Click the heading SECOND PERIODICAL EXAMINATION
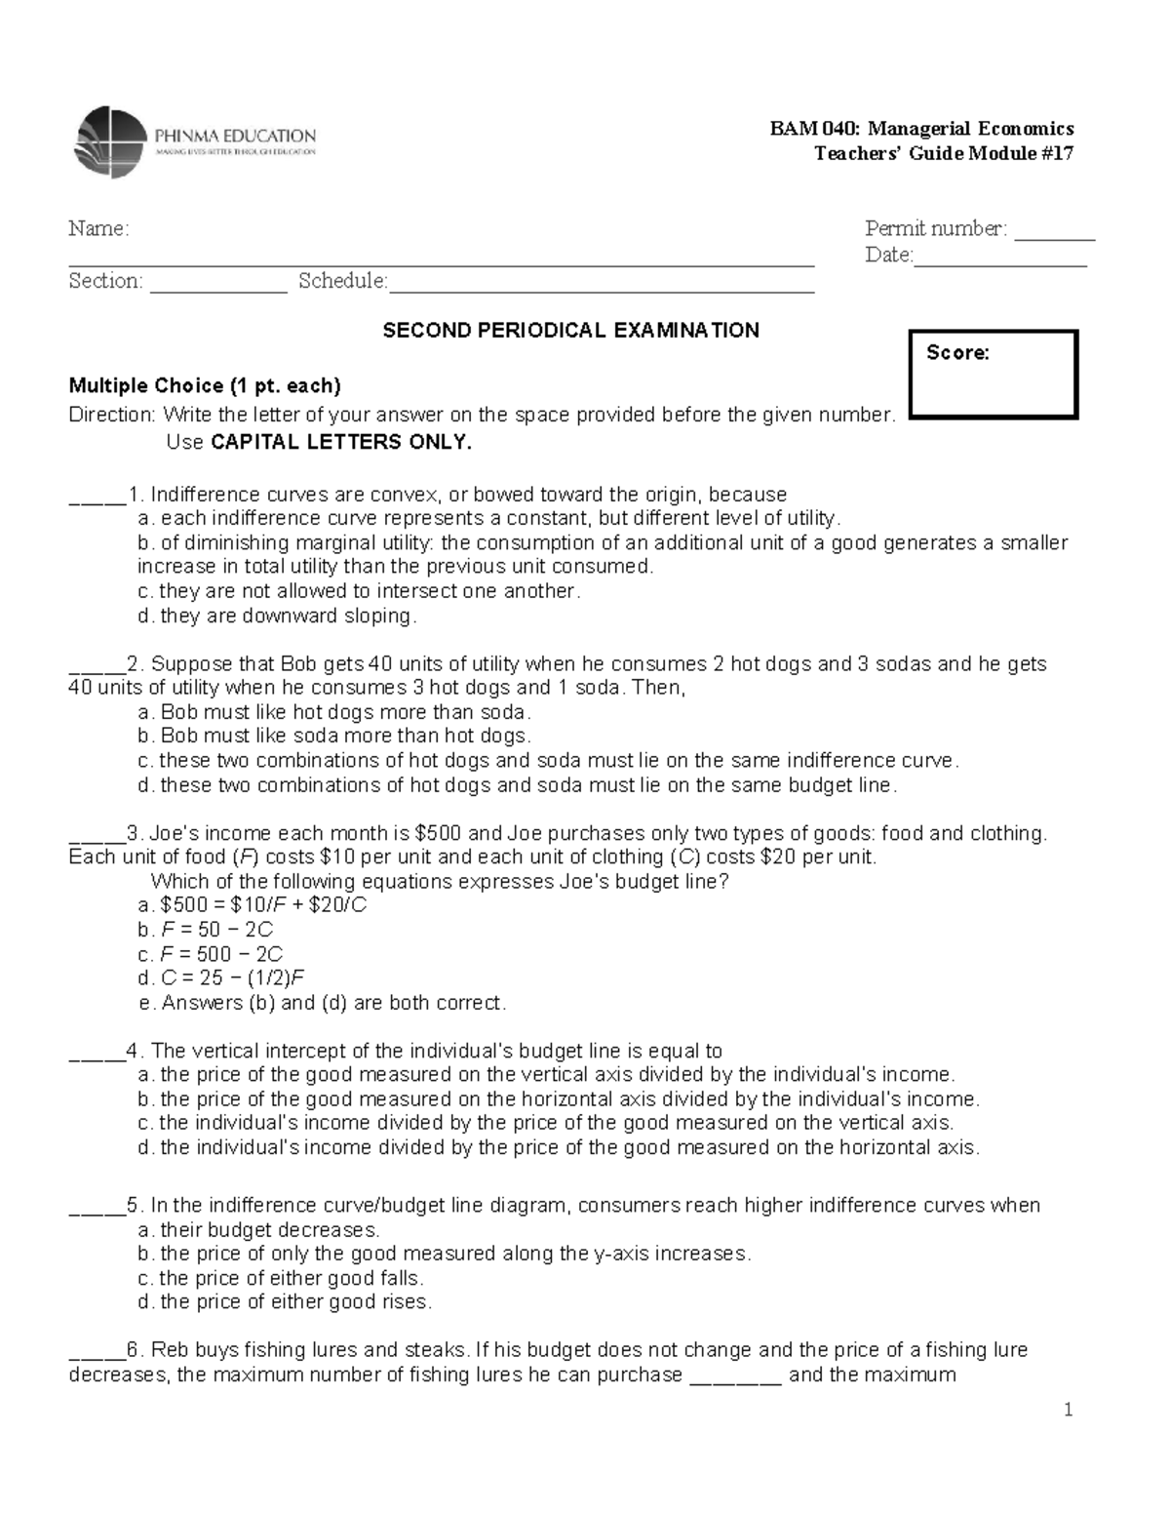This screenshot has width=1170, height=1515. pyautogui.click(x=570, y=331)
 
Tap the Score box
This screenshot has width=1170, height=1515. pyautogui.click(x=993, y=375)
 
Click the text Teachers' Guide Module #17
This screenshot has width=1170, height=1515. pyautogui.click(x=943, y=153)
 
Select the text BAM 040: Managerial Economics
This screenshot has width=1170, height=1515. pyautogui.click(x=921, y=129)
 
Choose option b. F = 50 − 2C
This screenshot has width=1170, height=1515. pyautogui.click(x=207, y=930)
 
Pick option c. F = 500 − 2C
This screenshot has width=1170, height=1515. pyautogui.click(x=211, y=954)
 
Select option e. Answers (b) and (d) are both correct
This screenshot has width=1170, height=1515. pyautogui.click(x=323, y=1003)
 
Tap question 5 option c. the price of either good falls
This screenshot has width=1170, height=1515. pyautogui.click(x=281, y=1278)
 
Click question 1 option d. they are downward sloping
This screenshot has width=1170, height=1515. pyautogui.click(x=278, y=616)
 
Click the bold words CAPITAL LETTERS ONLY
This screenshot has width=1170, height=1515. pyautogui.click(x=340, y=442)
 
